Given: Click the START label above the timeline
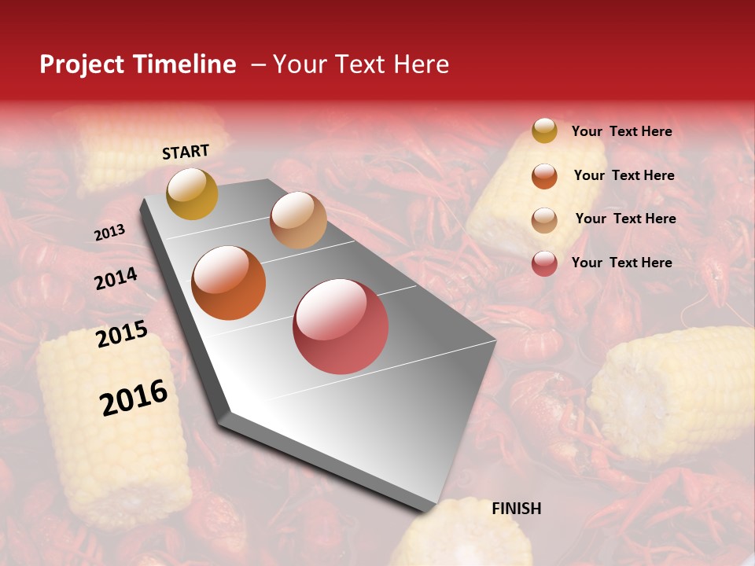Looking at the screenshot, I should coord(186,152).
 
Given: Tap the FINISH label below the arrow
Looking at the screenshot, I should coord(516,509).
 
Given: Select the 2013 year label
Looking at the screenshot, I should coord(109,233).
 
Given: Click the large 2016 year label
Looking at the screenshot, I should coord(134,398).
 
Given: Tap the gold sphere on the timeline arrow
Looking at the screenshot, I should coord(192,193).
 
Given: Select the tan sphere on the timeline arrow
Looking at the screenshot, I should coord(298,220).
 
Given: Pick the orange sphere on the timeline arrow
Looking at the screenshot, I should coord(229,283).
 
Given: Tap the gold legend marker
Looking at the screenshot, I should coord(544,131).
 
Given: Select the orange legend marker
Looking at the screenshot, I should coord(544,175).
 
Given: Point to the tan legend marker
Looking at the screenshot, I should coord(544,219).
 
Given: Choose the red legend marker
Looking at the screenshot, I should coord(544,263).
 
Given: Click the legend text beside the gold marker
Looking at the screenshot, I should coord(621,131).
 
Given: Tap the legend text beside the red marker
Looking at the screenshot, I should coord(621,263).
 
